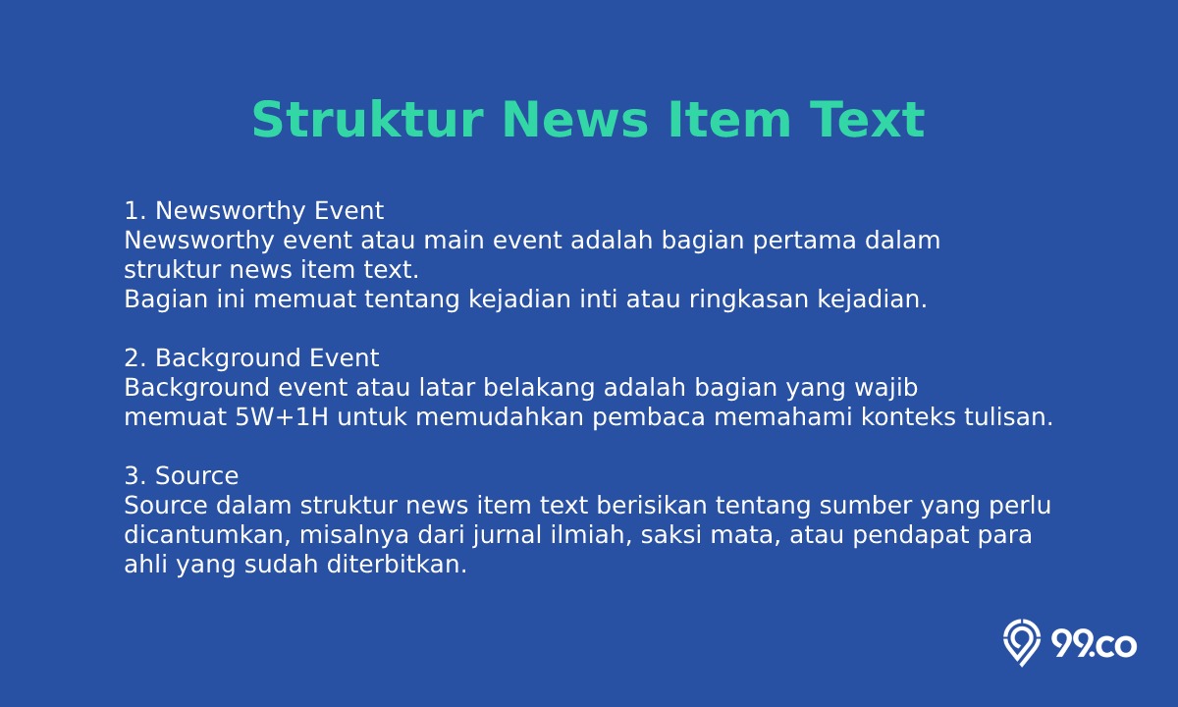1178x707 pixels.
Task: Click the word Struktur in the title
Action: click(x=367, y=120)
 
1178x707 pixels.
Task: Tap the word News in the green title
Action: click(x=575, y=120)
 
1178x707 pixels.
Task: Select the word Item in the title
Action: click(x=729, y=120)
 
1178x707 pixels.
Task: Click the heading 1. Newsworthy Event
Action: click(x=254, y=211)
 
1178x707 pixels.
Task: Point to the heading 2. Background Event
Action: click(x=251, y=358)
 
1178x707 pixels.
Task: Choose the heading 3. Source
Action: click(x=182, y=475)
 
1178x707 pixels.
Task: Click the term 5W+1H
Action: click(x=282, y=417)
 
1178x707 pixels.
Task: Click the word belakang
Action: click(x=539, y=388)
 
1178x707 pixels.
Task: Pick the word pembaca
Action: click(x=649, y=417)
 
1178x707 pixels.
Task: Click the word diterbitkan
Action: click(x=397, y=565)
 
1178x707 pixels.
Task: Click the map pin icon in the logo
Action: click(x=1022, y=643)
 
